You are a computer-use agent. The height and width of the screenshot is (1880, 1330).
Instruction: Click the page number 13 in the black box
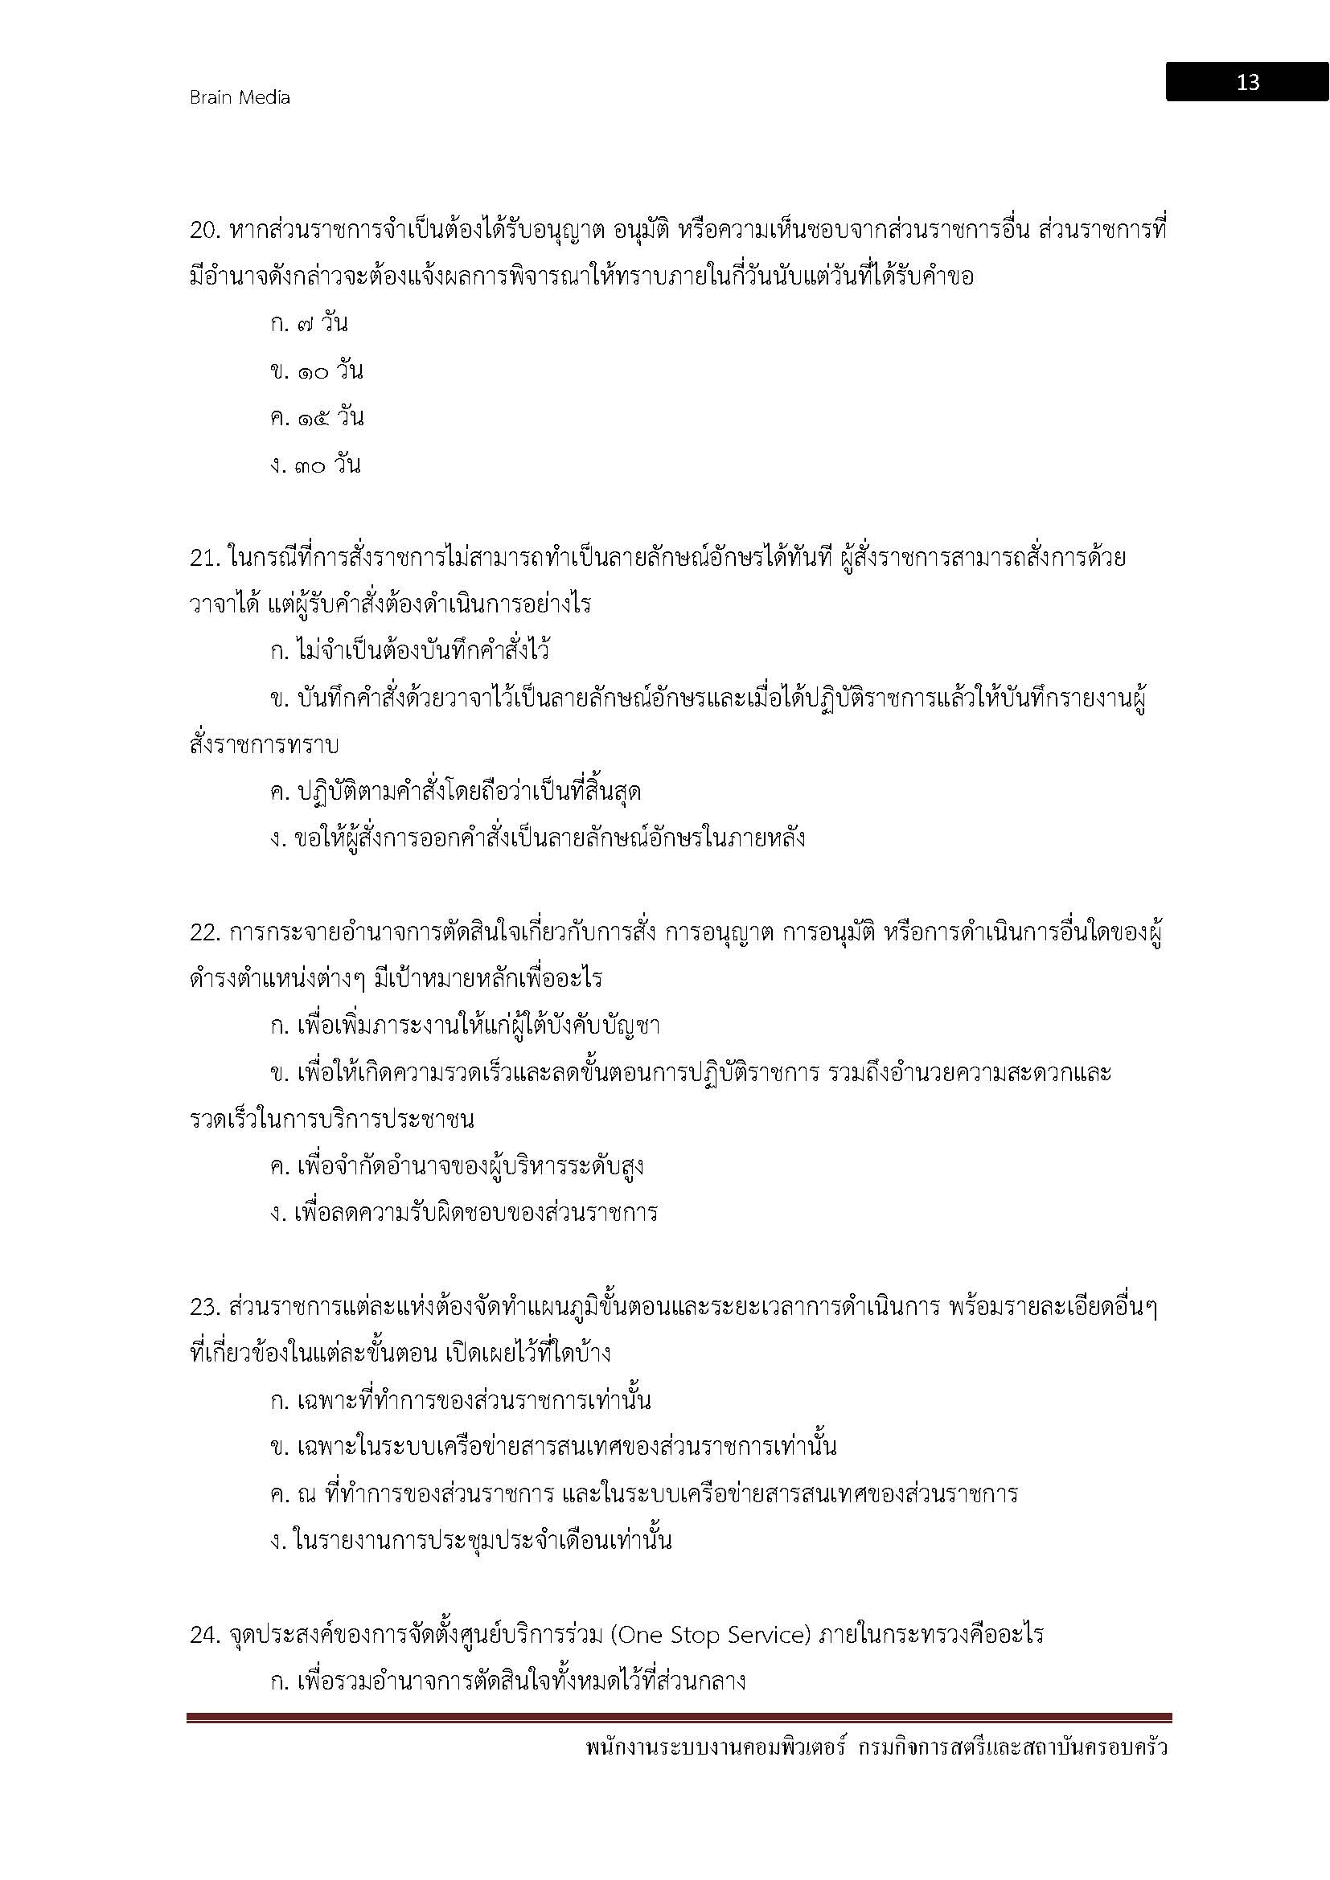(1247, 82)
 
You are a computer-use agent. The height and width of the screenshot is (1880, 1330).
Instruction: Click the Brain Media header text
(239, 97)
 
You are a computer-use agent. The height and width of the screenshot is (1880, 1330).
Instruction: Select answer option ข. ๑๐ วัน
(316, 371)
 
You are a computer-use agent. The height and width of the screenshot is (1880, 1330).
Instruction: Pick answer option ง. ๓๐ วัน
(316, 465)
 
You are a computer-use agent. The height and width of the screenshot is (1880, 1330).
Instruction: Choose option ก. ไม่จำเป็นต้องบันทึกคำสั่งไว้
(409, 652)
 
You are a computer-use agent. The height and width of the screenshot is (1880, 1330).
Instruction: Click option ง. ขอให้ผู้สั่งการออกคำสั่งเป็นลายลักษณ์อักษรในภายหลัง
(537, 838)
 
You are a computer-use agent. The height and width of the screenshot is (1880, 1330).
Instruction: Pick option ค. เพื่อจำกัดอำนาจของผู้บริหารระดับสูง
(456, 1166)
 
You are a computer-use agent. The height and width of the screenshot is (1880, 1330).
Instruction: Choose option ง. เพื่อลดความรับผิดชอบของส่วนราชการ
(463, 1213)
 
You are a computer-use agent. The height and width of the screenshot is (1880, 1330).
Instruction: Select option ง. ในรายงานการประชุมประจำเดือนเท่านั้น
(471, 1541)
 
